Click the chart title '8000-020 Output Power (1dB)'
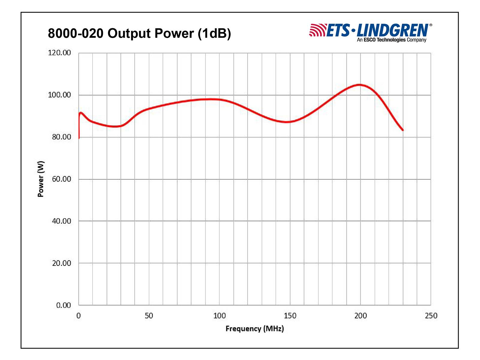pos(139,33)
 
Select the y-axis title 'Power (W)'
pos(41,179)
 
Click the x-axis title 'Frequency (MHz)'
pos(254,329)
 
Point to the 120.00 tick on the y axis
pos(59,53)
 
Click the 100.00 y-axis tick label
pos(59,95)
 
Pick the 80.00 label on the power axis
pos(61,137)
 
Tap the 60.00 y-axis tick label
pos(61,179)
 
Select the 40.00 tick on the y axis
pos(61,221)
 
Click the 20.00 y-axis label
pos(61,263)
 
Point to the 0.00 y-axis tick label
pos(63,305)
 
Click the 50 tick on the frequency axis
pos(149,316)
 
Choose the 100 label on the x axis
pos(219,316)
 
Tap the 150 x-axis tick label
pos(290,316)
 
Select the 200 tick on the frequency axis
pos(360,316)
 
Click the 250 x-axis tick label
pos(431,316)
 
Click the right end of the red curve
pos(403,130)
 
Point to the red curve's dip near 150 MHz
pos(287,122)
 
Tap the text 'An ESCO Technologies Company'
pos(391,40)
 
